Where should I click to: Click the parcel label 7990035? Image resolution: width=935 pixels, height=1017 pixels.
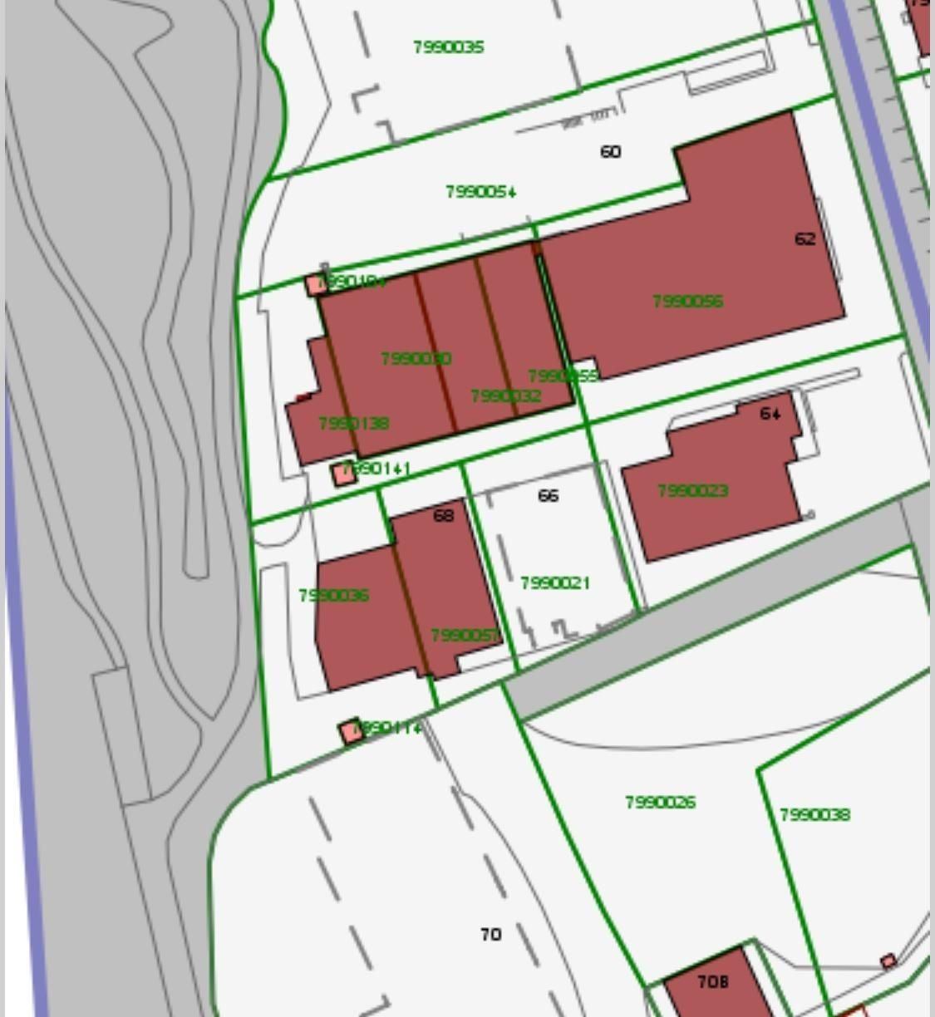[x=449, y=47]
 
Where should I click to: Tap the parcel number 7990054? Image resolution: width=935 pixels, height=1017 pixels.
[x=481, y=192]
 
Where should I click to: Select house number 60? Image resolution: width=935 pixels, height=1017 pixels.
[x=610, y=152]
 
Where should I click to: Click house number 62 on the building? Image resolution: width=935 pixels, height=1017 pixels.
[x=805, y=239]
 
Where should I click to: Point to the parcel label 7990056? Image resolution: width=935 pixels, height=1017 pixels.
[x=688, y=301]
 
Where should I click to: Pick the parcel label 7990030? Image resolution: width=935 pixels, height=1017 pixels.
[x=416, y=359]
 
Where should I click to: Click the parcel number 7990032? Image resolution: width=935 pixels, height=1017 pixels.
[x=506, y=396]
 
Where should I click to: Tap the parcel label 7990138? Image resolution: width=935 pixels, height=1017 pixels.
[x=354, y=424]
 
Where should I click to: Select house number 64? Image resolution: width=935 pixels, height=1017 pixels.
[x=770, y=413]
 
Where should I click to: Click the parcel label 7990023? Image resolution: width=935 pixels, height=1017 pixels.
[x=692, y=491]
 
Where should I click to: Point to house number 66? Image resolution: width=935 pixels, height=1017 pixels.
[x=549, y=496]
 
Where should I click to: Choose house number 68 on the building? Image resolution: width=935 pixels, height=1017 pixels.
[x=444, y=516]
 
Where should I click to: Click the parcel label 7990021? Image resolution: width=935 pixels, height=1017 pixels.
[x=555, y=583]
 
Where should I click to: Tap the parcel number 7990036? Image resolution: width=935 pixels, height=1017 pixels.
[x=334, y=596]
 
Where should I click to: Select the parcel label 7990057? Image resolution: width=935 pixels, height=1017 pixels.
[x=465, y=636]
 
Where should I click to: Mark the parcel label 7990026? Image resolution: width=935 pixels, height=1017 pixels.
[x=661, y=803]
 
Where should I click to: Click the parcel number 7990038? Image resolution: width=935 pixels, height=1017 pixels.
[x=815, y=815]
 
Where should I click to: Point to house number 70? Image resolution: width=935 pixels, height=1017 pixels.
[x=491, y=935]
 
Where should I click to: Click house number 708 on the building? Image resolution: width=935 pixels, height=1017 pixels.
[x=713, y=982]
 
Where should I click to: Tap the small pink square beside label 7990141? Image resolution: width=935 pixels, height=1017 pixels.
[x=343, y=474]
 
